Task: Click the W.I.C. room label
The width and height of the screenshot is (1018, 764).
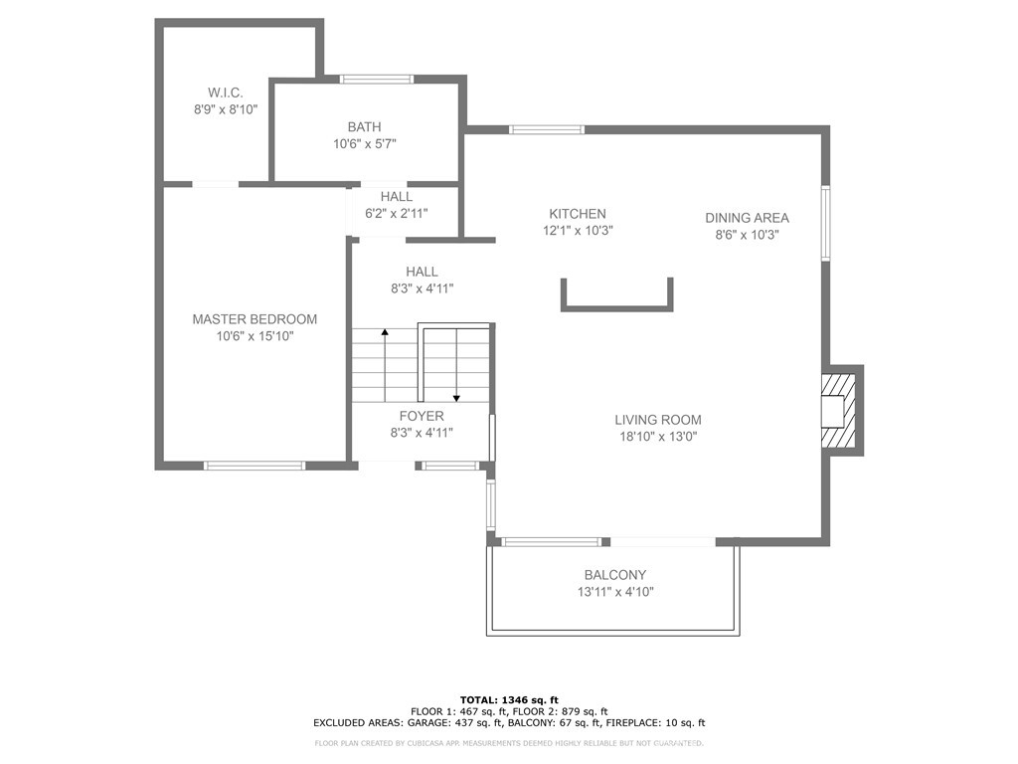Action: pos(226,93)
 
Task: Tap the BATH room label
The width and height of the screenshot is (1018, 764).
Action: pos(364,127)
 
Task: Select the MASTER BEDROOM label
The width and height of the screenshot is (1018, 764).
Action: pos(254,319)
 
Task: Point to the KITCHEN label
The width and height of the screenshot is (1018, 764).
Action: pos(578,214)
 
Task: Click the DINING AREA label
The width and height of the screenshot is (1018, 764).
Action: pos(748,218)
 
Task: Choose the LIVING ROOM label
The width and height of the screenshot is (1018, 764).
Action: pos(658,421)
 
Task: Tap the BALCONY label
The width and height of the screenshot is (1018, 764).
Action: pos(615,575)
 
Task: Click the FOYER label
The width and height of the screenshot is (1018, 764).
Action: pos(422,417)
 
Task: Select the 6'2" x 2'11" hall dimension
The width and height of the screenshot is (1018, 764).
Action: pos(397,213)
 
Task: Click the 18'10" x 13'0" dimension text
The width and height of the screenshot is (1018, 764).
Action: pos(658,437)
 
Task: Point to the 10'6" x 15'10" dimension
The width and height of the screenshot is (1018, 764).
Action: pos(255,336)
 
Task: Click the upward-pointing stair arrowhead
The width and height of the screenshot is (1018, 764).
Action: pos(385,332)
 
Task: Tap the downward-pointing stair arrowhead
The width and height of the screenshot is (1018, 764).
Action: pos(457,398)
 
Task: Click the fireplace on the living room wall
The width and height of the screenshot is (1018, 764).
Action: pos(841,411)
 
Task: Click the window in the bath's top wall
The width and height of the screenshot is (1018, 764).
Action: pos(377,80)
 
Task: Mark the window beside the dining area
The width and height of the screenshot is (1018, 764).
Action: pos(826,224)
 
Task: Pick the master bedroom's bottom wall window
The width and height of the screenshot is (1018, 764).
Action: pos(254,466)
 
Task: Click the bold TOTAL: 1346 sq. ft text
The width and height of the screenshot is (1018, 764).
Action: pos(509,699)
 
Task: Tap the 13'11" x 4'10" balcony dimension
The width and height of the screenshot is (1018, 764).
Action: pos(615,592)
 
